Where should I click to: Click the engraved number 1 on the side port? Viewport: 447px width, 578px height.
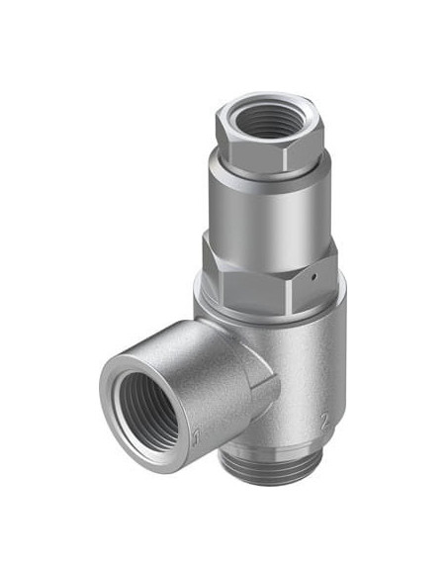196,437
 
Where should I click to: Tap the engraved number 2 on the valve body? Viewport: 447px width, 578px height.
324,422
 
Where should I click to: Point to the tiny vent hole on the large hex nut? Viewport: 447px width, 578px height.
313,277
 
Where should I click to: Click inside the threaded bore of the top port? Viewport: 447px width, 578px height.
268,120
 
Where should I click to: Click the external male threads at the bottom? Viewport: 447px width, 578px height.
273,469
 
